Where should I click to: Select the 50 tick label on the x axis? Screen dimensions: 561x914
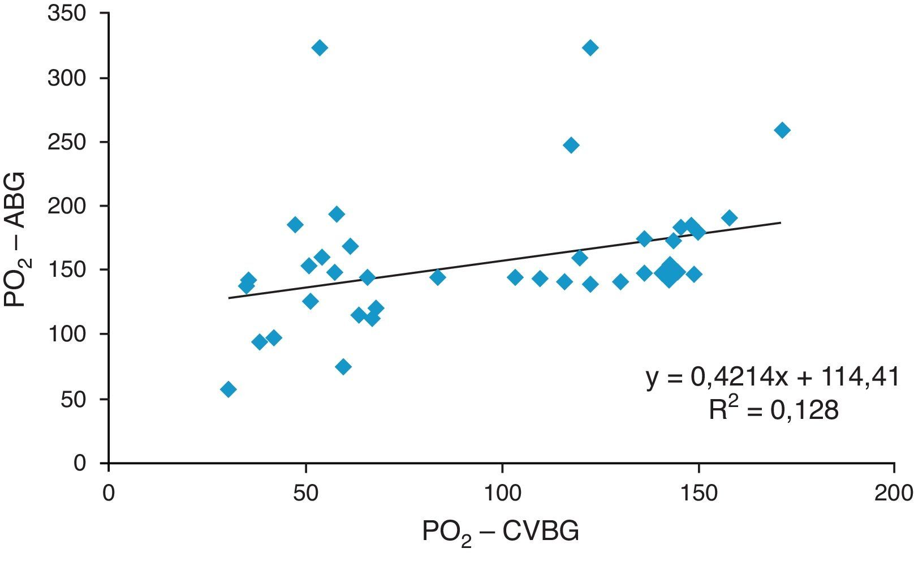point(305,492)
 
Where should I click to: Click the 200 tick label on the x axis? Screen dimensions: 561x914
point(894,492)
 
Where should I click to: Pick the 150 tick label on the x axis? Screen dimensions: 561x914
point(698,492)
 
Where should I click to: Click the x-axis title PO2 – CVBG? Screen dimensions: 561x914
point(501,533)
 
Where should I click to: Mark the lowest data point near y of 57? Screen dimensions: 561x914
point(228,389)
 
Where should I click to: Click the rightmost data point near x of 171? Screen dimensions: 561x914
point(782,130)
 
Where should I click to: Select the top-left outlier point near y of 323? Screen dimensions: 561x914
point(320,48)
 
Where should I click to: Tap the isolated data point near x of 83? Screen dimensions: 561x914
point(437,277)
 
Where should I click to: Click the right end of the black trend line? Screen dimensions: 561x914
point(781,222)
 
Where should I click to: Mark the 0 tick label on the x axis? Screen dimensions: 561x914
point(109,492)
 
